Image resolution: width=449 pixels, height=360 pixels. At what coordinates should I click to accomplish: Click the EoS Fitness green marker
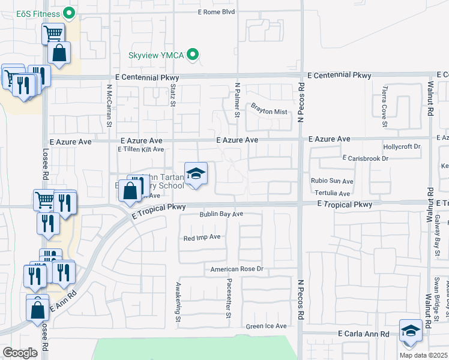click(69, 12)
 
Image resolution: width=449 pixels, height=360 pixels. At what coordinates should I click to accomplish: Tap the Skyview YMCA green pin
click(193, 55)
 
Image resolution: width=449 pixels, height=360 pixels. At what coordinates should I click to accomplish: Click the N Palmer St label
click(238, 100)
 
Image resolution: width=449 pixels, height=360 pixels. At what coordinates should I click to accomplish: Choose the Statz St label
click(172, 96)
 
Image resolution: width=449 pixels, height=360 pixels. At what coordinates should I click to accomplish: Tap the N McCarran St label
click(110, 105)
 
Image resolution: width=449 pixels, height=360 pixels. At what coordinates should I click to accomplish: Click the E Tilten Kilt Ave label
click(141, 149)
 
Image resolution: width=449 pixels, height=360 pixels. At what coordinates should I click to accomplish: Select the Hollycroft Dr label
click(402, 146)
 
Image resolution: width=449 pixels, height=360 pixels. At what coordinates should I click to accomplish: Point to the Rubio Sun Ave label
click(332, 181)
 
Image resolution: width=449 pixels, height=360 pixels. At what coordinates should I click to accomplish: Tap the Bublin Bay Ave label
click(221, 214)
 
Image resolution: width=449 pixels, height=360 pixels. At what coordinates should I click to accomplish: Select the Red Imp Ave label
click(202, 238)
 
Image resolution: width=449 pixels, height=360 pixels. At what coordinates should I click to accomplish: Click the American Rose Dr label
click(237, 270)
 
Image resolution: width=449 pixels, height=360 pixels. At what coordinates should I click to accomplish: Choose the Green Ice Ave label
click(266, 326)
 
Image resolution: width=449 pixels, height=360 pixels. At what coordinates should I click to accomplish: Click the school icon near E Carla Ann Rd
click(411, 331)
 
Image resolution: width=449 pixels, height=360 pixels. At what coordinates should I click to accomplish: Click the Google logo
click(20, 353)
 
